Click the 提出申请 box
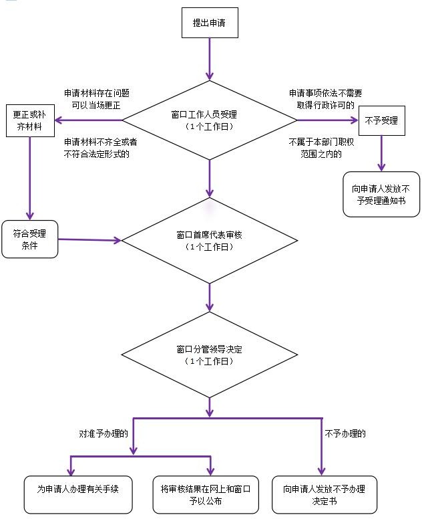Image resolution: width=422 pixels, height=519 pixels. (x=210, y=23)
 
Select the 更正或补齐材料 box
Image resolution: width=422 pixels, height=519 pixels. (x=30, y=121)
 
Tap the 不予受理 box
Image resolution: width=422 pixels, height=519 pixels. (x=382, y=120)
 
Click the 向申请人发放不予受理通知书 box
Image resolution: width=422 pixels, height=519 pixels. (x=381, y=195)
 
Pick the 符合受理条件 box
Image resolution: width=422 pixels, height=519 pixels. (x=30, y=239)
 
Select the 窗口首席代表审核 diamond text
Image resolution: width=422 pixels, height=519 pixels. (x=210, y=241)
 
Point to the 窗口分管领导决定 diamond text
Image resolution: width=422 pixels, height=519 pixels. (x=210, y=355)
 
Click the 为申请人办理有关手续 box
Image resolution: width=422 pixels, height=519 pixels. (x=78, y=495)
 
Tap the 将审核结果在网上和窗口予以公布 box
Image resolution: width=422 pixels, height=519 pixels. (x=206, y=495)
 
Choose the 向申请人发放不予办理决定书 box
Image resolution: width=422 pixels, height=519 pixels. (x=325, y=495)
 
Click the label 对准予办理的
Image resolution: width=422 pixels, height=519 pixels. (x=103, y=433)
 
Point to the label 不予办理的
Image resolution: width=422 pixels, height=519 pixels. (x=345, y=433)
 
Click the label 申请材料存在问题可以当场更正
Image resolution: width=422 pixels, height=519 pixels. (x=97, y=99)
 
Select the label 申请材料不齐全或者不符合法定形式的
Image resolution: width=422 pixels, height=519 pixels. (x=100, y=148)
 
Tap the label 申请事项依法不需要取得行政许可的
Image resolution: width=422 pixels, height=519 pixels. (x=325, y=99)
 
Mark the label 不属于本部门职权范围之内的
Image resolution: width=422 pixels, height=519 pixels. (x=322, y=148)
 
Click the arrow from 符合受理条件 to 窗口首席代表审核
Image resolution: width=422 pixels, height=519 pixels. (x=90, y=239)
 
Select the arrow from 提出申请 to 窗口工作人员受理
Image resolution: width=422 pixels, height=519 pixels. (x=210, y=59)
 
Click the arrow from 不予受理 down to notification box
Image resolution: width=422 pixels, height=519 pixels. (x=382, y=153)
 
